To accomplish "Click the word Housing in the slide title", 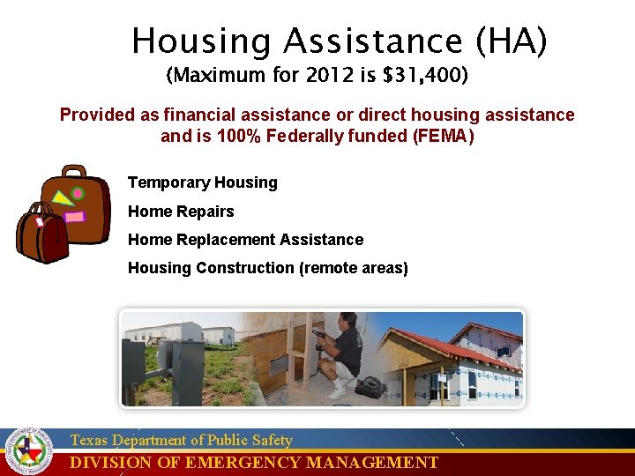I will [202, 41].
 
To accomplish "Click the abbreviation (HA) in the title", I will [512, 41].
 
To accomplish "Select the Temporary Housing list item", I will [202, 182].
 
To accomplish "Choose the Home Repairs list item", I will [181, 212].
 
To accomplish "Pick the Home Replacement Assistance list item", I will [245, 240].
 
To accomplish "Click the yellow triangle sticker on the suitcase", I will [63, 199].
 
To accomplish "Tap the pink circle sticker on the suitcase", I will [78, 193].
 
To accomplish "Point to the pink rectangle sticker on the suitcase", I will [75, 217].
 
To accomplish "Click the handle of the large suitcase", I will [74, 170].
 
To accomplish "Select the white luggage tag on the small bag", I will [40, 221].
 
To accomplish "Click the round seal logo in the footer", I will [29, 451].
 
